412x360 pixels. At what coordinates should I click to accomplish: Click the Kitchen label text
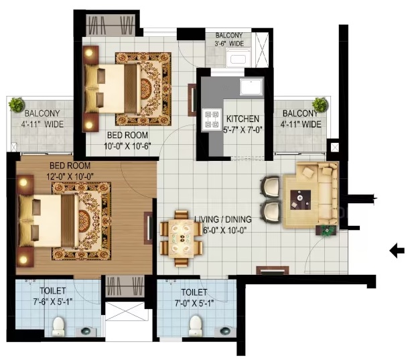click(x=243, y=119)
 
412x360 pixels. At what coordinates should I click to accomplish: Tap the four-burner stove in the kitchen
click(x=212, y=119)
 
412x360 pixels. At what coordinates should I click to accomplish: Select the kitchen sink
click(x=251, y=86)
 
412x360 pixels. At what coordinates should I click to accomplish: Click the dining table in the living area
click(x=182, y=239)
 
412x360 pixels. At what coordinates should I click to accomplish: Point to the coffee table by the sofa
click(x=300, y=200)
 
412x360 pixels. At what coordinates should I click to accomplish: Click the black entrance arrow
click(x=397, y=251)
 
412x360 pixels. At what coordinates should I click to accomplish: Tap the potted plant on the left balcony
click(x=17, y=105)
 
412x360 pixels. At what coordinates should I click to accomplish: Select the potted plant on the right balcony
click(x=320, y=104)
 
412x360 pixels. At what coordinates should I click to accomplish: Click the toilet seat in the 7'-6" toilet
click(x=58, y=326)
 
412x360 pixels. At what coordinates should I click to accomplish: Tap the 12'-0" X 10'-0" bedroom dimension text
click(x=70, y=176)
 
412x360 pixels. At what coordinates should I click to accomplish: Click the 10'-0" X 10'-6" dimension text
click(x=127, y=146)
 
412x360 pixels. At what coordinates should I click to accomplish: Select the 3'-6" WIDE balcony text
click(x=229, y=44)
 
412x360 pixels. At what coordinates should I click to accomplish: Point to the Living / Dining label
click(x=223, y=219)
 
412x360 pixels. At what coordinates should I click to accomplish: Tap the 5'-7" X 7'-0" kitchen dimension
click(x=243, y=129)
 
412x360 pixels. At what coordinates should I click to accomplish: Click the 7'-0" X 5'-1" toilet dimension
click(x=194, y=304)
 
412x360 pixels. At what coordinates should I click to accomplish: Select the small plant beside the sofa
click(x=327, y=231)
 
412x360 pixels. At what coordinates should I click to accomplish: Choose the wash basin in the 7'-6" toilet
click(x=86, y=331)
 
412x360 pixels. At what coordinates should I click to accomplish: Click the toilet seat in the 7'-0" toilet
click(x=195, y=326)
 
